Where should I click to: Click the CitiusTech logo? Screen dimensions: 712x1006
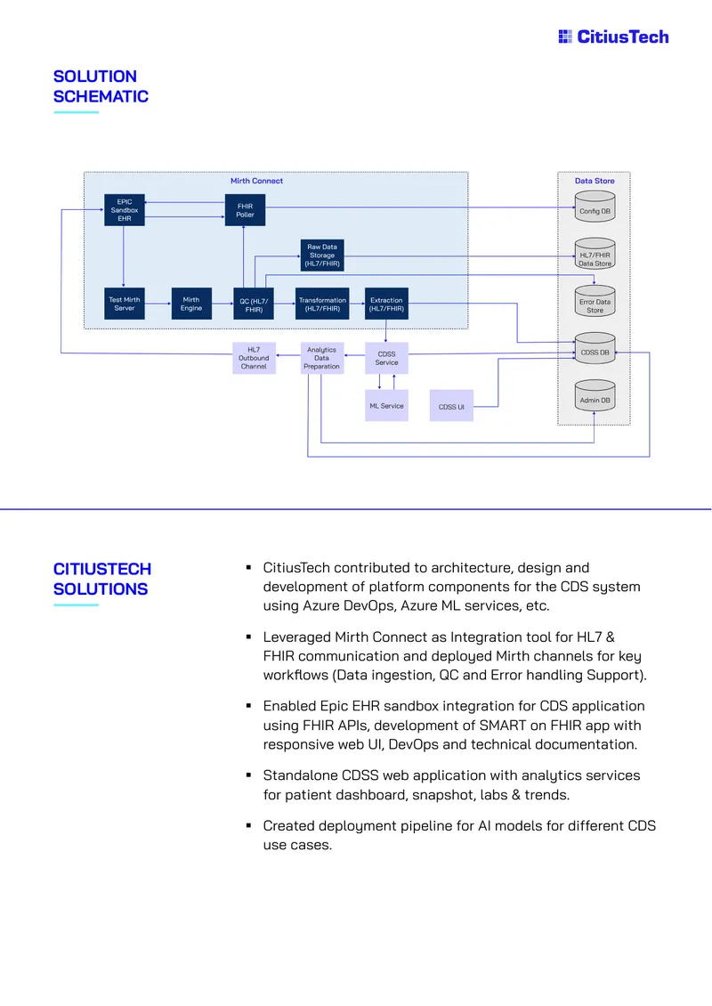[x=614, y=37]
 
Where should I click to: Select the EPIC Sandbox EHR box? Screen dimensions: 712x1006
[x=125, y=210]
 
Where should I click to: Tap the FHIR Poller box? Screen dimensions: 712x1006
[x=245, y=210]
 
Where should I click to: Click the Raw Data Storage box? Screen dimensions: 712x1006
[x=322, y=256]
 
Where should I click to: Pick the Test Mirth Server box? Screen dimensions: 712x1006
[x=125, y=304]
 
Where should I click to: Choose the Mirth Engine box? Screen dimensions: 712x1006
[x=191, y=304]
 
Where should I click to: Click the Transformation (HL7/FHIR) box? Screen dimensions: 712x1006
[x=322, y=304]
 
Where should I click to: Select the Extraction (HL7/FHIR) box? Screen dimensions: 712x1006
[x=386, y=304]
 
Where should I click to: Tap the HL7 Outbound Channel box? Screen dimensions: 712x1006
[x=254, y=358]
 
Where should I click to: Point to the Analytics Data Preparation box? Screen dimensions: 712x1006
[x=322, y=358]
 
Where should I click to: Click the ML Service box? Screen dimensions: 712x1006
[x=386, y=405]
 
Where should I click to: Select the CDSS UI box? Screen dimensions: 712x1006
[x=451, y=405]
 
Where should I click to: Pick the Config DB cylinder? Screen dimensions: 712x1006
[x=595, y=207]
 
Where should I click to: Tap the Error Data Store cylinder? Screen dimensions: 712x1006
[x=595, y=301]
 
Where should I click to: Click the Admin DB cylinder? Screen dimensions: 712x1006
[x=595, y=395]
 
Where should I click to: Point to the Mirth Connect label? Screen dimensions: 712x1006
[x=256, y=181]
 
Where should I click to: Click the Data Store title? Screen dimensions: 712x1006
[x=595, y=181]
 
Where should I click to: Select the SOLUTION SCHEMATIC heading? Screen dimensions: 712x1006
[x=101, y=86]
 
